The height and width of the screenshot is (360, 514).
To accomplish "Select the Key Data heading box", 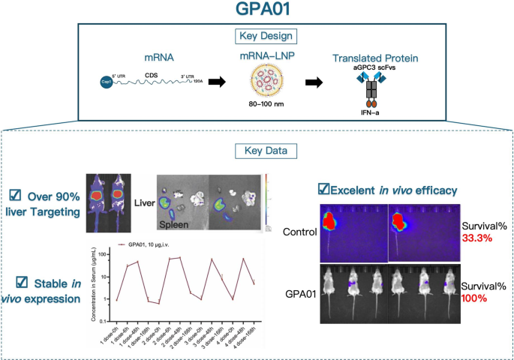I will (257, 150).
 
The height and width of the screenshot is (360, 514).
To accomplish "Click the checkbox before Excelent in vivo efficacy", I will (324, 188).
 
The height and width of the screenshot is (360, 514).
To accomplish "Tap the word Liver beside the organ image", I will (143, 202).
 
